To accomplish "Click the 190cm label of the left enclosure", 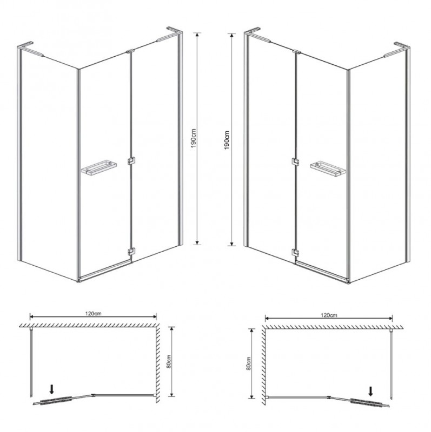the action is tap(194, 138).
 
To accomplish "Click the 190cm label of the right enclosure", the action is tap(227, 140).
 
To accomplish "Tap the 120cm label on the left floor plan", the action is tap(93, 313).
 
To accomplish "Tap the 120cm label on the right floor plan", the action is tap(329, 315).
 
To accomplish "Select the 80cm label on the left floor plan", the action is tap(169, 361).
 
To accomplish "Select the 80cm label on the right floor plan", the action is tap(249, 363).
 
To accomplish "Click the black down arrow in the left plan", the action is tap(52, 389).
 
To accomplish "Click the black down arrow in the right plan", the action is tap(371, 391).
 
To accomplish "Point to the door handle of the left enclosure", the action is tap(99, 168).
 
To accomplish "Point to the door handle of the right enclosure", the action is tap(328, 170).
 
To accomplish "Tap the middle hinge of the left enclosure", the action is tap(131, 161).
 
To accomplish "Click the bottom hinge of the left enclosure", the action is tap(131, 252).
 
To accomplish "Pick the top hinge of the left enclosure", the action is tap(130, 51).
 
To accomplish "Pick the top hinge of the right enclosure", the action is tap(297, 51).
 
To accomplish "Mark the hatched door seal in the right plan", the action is tap(367, 402).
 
